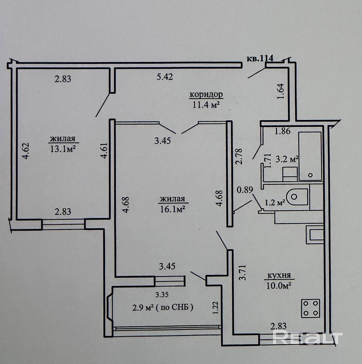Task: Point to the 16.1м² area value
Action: [172, 209]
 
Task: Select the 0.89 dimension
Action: [244, 190]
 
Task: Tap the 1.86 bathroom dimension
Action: [283, 131]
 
